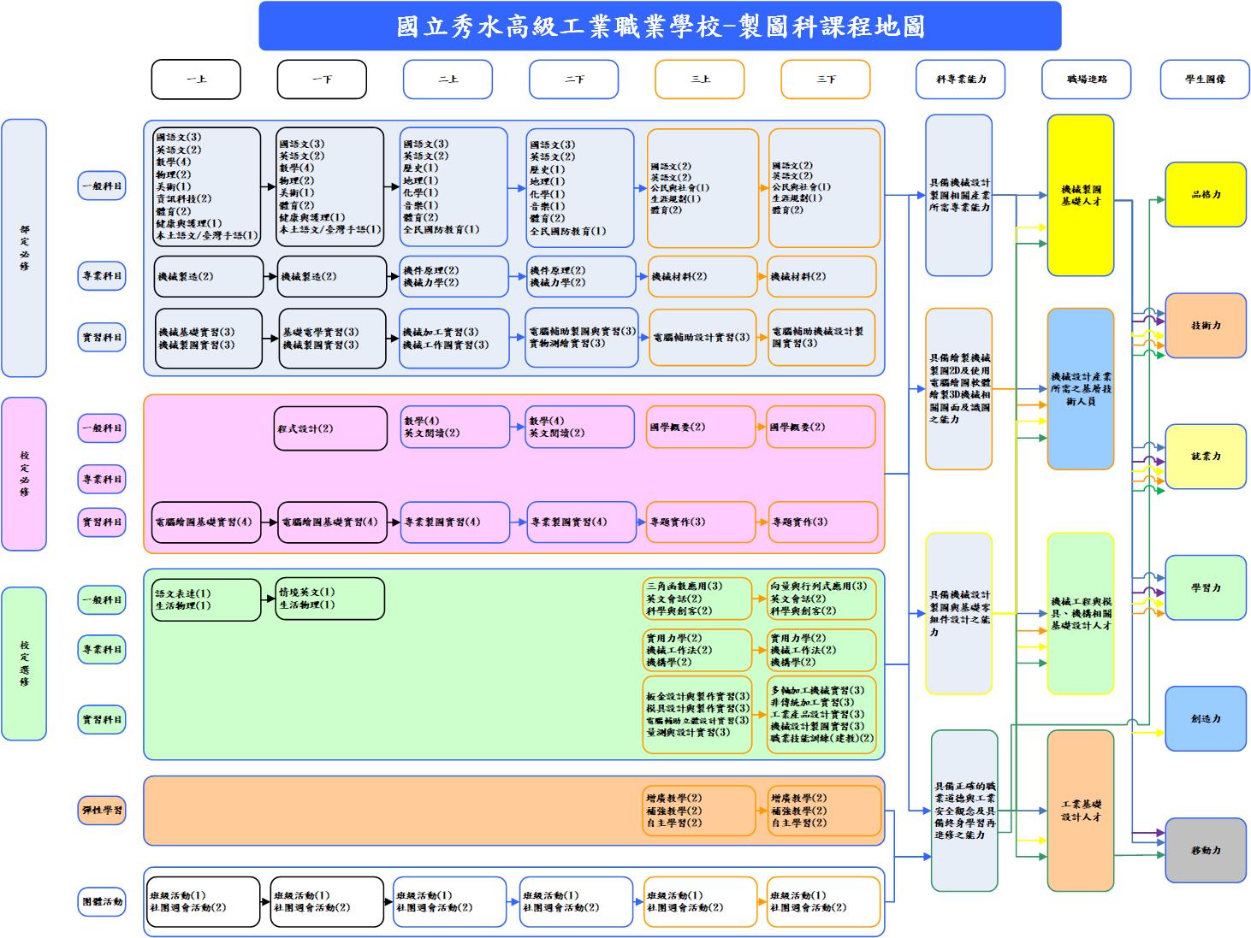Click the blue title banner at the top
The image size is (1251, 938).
pyautogui.click(x=660, y=27)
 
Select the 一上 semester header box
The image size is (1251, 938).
pyautogui.click(x=196, y=80)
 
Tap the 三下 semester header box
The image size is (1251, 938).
pyautogui.click(x=825, y=80)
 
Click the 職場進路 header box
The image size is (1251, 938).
pyautogui.click(x=1086, y=80)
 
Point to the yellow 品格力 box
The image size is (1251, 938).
pyautogui.click(x=1205, y=195)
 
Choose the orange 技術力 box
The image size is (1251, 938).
pyautogui.click(x=1205, y=326)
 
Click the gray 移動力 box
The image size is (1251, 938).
pyautogui.click(x=1205, y=851)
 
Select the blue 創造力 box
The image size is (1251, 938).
pyautogui.click(x=1205, y=719)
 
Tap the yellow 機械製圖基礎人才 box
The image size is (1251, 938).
pyautogui.click(x=1080, y=195)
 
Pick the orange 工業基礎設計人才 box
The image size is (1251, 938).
pyautogui.click(x=1080, y=811)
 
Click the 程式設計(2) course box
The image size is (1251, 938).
pyautogui.click(x=330, y=428)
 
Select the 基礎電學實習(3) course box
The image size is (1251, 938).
pyautogui.click(x=332, y=339)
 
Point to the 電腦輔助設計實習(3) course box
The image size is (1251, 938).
pyautogui.click(x=702, y=338)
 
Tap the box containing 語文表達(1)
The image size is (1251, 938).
pyautogui.click(x=207, y=599)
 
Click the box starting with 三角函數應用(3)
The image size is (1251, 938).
pyautogui.click(x=697, y=599)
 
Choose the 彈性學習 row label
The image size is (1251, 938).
pyautogui.click(x=102, y=810)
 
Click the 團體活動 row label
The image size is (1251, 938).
pyautogui.click(x=102, y=901)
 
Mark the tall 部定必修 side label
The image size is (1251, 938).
pyautogui.click(x=24, y=248)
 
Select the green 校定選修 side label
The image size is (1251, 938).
pyautogui.click(x=24, y=664)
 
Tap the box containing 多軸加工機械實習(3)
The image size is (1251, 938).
pyautogui.click(x=821, y=714)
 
